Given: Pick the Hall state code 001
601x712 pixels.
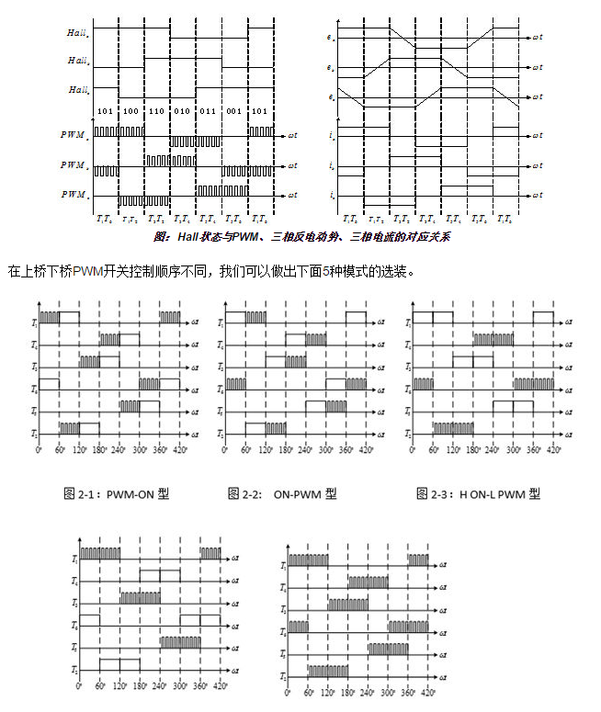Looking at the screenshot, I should click(x=235, y=111).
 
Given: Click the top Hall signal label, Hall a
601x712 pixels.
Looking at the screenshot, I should click(x=78, y=33).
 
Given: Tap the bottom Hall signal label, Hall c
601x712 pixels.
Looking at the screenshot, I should click(x=78, y=90).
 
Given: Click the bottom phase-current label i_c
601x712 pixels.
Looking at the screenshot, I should click(x=331, y=196).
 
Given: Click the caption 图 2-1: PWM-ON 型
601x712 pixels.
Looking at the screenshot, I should click(x=116, y=494).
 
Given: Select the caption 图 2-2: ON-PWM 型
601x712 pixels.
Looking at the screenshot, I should click(x=281, y=494).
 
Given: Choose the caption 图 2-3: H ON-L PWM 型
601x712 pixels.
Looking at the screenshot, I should click(x=478, y=494).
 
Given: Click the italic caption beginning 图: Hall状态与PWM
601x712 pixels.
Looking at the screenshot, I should click(x=301, y=236).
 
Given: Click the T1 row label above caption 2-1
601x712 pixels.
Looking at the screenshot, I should click(x=33, y=323).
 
